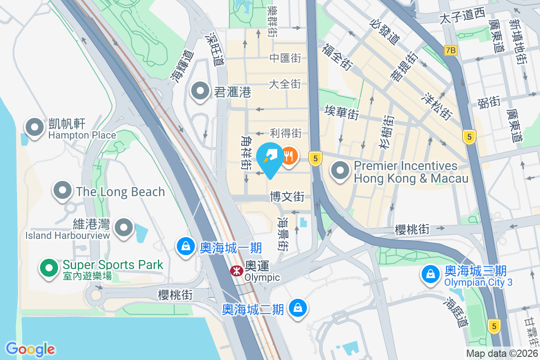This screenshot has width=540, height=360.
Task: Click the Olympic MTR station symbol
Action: pyautogui.click(x=235, y=271)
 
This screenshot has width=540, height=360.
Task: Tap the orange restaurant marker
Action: pyautogui.click(x=288, y=156)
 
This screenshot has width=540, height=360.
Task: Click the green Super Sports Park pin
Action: pyautogui.click(x=49, y=268)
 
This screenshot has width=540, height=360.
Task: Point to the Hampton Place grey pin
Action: pyautogui.click(x=35, y=128)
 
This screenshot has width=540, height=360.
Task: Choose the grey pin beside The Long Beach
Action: pyautogui.click(x=63, y=191)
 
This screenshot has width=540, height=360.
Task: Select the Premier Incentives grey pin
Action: pyautogui.click(x=340, y=171)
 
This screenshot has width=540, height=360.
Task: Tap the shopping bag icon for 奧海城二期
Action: pyautogui.click(x=297, y=308)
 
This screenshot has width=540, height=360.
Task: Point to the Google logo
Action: pyautogui.click(x=30, y=349)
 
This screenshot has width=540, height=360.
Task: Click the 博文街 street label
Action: pyautogui.click(x=287, y=197)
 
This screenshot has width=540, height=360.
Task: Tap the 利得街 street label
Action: pyautogui.click(x=285, y=133)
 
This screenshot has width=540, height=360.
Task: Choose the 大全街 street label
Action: pyautogui.click(x=285, y=84)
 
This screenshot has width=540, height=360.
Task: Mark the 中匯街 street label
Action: pyautogui.click(x=285, y=58)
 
